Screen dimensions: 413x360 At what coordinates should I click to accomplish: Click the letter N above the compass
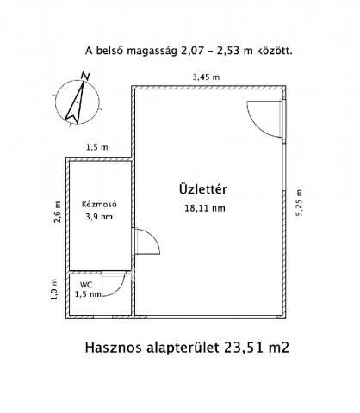(85, 77)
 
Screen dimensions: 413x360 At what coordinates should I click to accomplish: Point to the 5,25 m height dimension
(299, 204)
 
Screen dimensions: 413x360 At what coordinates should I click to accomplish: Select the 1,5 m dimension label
(96, 148)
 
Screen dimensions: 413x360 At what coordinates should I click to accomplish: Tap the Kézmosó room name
(98, 205)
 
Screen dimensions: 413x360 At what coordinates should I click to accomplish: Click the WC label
(86, 283)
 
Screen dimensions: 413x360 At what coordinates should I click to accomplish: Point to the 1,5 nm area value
(90, 294)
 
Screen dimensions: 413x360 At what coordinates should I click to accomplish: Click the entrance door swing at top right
(264, 115)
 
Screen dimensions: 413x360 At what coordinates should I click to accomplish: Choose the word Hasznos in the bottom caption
(115, 349)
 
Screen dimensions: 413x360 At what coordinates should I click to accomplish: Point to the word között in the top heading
(273, 51)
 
